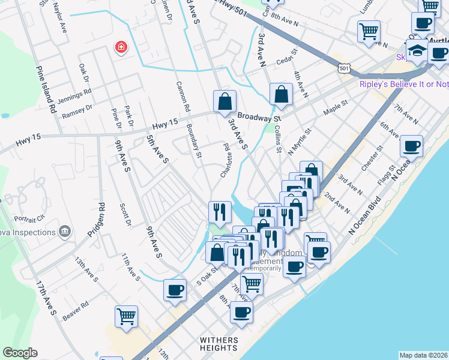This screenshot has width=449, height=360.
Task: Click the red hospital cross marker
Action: pos(121,47)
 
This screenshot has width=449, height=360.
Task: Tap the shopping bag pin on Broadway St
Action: pos(224,101)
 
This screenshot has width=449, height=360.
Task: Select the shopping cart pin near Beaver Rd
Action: pos(126,316)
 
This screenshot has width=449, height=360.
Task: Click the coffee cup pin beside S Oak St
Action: pos(175,290)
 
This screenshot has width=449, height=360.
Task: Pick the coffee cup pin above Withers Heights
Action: pos(241,312)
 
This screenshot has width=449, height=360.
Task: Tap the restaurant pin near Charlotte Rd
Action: pos(219,211)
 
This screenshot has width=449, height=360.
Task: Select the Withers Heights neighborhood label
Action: pos(219,344)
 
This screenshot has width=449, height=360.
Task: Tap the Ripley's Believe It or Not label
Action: pos(403,84)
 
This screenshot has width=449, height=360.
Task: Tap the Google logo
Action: pos(20,353)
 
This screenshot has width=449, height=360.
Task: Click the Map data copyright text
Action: pos(423,355)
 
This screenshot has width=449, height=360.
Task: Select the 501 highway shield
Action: pos(344,69)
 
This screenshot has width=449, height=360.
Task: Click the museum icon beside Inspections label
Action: pos(65,230)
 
